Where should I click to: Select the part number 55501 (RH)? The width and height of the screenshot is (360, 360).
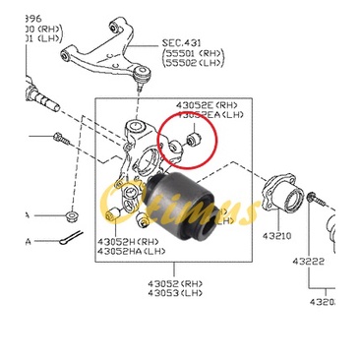click(197, 57)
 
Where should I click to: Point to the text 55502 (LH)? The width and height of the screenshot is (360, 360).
click(197, 69)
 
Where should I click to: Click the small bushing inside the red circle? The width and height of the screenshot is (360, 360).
click(193, 141)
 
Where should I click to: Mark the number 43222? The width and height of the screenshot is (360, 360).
click(311, 263)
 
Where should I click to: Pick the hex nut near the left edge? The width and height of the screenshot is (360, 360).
click(71, 212)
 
